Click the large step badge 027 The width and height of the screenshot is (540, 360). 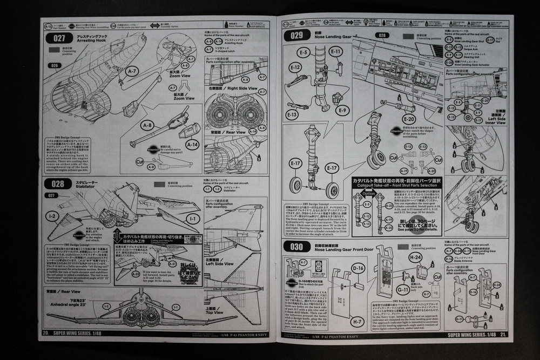[x=59, y=38]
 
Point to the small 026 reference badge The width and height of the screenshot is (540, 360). [x=54, y=66]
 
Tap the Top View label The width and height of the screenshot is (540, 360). [x=214, y=312]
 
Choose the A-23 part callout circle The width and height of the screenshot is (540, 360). [x=390, y=205]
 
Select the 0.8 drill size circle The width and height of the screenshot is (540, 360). [x=318, y=266]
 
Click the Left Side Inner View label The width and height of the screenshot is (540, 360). [x=496, y=119]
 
